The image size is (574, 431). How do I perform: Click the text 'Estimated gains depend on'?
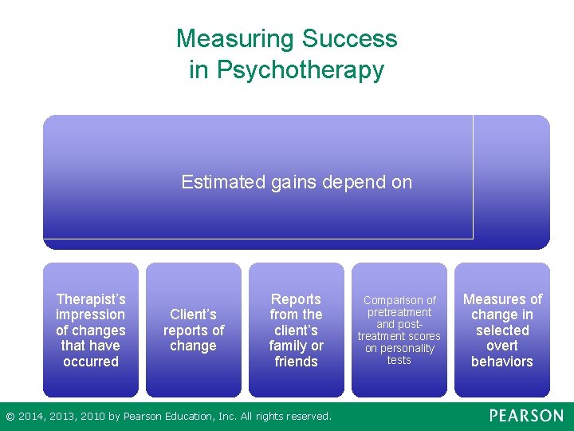(297, 182)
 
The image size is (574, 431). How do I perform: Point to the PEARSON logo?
(525, 416)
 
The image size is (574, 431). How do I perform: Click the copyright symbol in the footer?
(10, 417)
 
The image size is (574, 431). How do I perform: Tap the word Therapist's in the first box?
(91, 299)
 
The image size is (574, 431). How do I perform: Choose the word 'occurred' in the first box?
(91, 362)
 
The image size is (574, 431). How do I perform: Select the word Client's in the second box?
(193, 314)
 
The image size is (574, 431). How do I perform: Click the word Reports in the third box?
(296, 299)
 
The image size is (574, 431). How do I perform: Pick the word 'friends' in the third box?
(296, 362)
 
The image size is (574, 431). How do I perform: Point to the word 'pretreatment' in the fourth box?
(399, 313)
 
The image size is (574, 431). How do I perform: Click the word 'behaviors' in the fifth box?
(502, 362)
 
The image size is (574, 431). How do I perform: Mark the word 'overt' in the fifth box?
(502, 346)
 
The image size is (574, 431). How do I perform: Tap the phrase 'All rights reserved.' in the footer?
(285, 417)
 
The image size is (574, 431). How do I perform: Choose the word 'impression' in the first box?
(91, 314)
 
